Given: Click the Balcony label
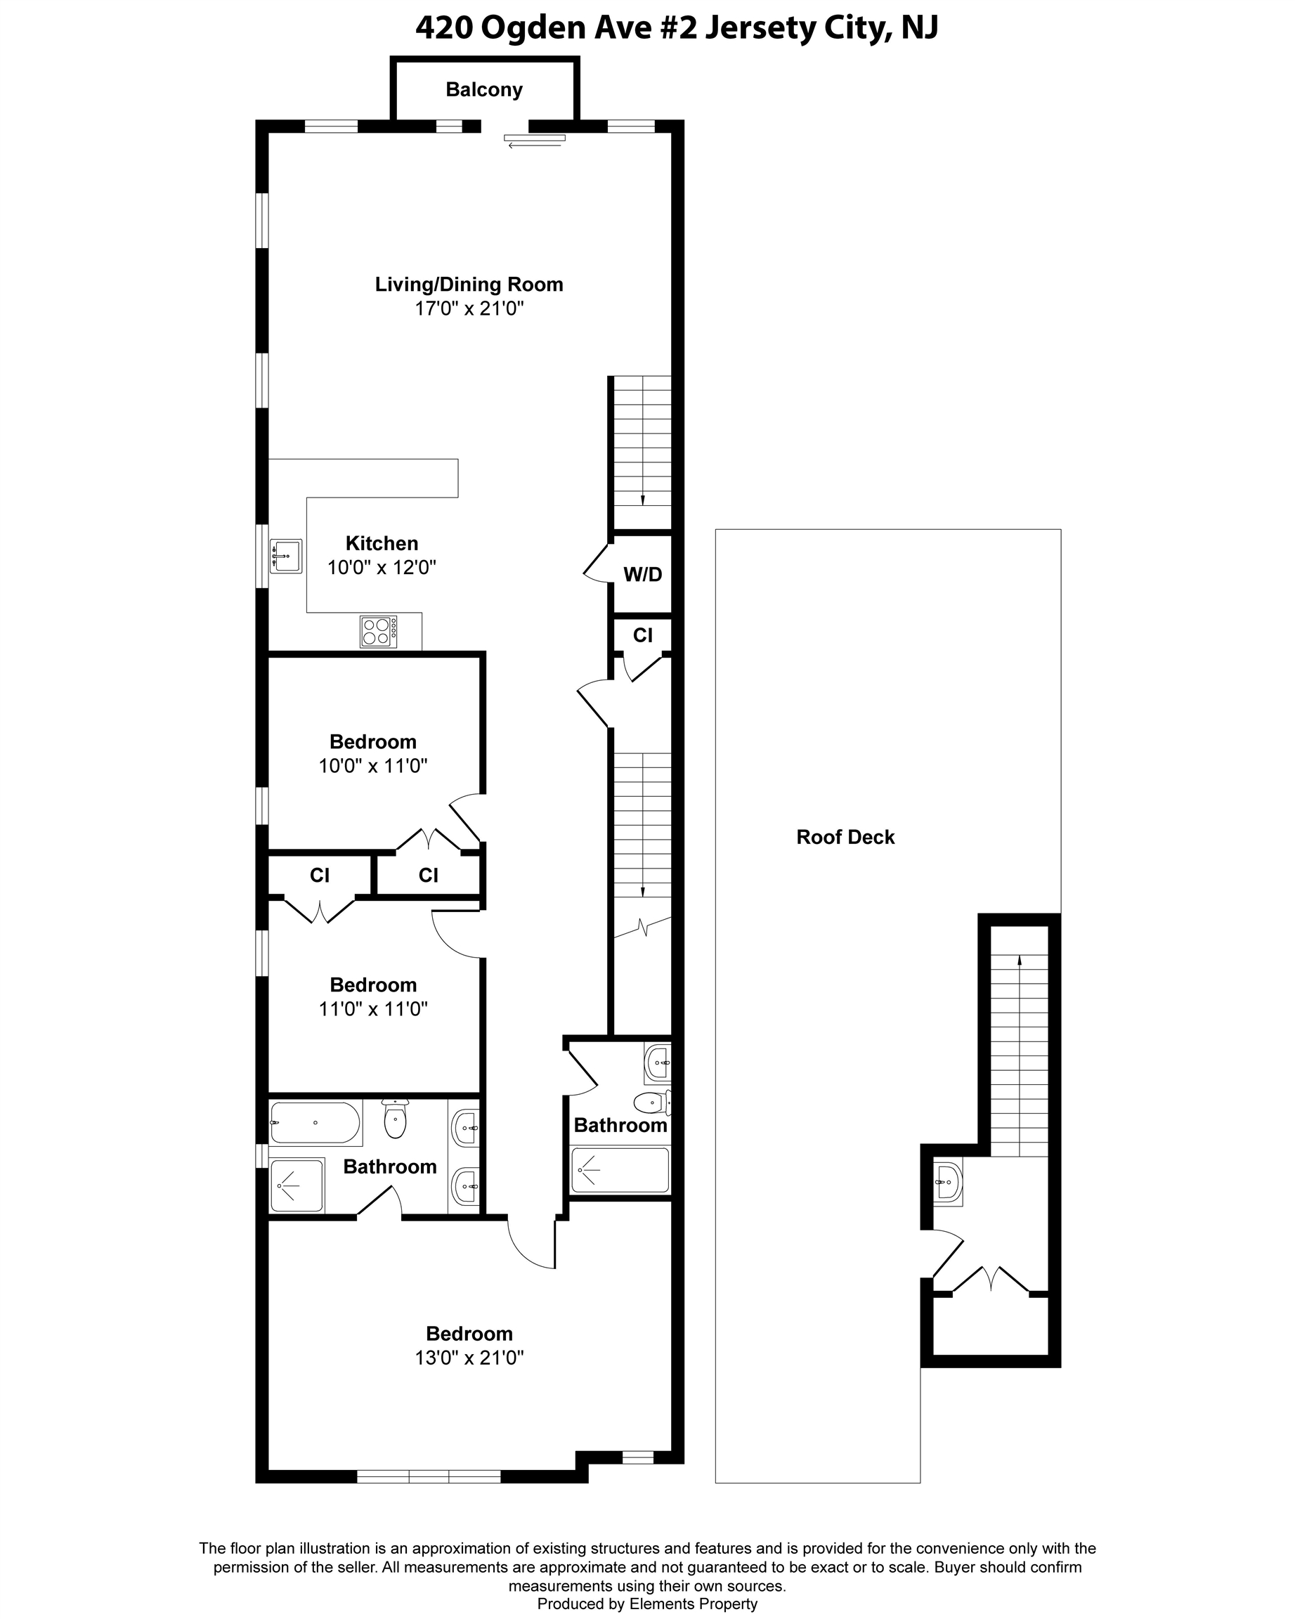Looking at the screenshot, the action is pos(483,89).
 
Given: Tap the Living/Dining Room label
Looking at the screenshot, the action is pos(469,284).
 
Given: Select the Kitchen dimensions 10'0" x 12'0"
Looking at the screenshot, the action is pos(382,567).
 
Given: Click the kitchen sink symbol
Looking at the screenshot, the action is pos(286,556).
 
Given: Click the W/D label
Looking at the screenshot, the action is pos(643,575).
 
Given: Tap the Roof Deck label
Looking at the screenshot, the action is pos(845,838).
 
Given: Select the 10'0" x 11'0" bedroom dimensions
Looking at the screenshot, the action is pos(373,766).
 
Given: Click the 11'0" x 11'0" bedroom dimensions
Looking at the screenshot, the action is pos(373,1008).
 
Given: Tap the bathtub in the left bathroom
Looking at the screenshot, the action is pos(315,1123).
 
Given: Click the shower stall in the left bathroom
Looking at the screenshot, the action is pos(297,1185).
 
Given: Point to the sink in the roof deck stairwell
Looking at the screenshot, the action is pos(948,1183).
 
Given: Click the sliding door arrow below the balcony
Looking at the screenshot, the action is pos(535,145).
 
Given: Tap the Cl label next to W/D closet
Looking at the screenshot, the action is pos(643,635).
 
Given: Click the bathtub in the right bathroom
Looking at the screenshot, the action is pos(620,1170).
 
